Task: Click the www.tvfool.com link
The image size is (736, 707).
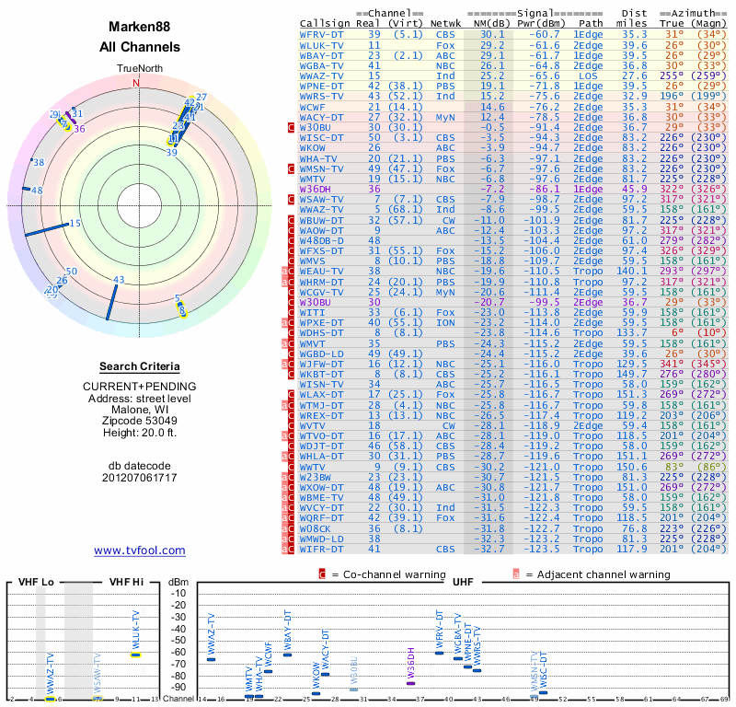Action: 140,551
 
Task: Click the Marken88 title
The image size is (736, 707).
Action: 140,29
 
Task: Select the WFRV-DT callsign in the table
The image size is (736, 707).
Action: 322,33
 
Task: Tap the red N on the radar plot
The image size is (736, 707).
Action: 137,82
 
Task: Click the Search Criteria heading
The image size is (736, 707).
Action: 140,366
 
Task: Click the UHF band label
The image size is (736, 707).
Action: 463,582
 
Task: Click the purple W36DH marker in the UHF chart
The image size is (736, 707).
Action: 410,681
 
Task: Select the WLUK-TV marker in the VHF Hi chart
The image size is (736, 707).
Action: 135,655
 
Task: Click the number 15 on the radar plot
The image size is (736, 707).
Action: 75,224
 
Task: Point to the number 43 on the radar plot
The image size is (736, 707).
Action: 119,280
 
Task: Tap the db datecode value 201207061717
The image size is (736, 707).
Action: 140,479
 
